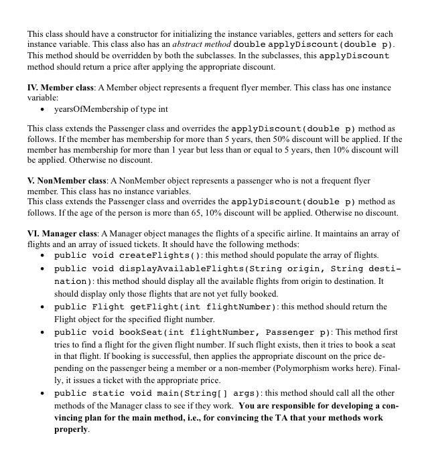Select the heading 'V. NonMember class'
[x=67, y=181]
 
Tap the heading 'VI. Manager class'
[x=64, y=234]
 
